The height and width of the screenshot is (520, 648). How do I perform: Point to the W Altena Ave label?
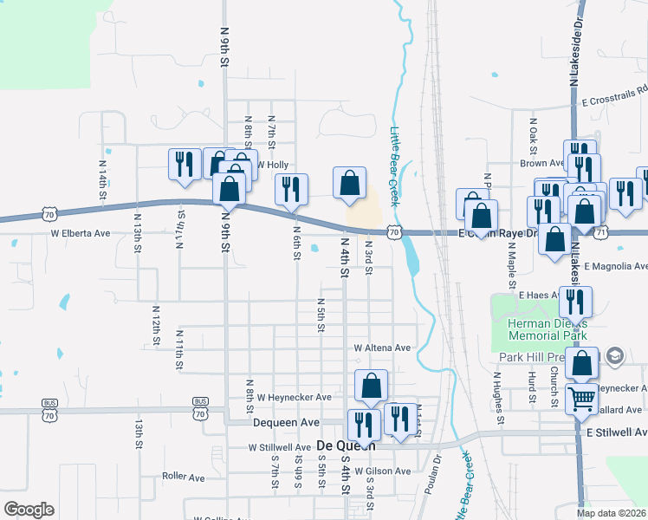pyautogui.click(x=382, y=348)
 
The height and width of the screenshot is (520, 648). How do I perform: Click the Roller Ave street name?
pyautogui.click(x=184, y=477)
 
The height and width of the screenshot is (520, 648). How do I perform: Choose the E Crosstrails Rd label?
pyautogui.click(x=615, y=101)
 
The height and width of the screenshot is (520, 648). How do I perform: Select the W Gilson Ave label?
pyautogui.click(x=381, y=471)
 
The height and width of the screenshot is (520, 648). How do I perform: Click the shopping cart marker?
pyautogui.click(x=580, y=399)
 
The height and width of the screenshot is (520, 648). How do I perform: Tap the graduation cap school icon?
pyautogui.click(x=614, y=355)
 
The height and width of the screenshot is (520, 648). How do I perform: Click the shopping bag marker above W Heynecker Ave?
pyautogui.click(x=371, y=385)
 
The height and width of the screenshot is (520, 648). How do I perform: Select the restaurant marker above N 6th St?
pyautogui.click(x=291, y=188)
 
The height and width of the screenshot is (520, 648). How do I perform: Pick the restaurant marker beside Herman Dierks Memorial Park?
pyautogui.click(x=574, y=302)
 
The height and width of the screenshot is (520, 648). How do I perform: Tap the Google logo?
pyautogui.click(x=29, y=510)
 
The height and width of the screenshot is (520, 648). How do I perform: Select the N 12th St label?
pyautogui.click(x=156, y=321)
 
